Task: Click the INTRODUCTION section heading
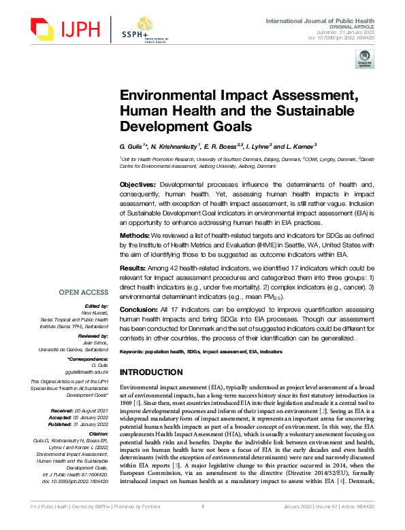coord(152,373)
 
